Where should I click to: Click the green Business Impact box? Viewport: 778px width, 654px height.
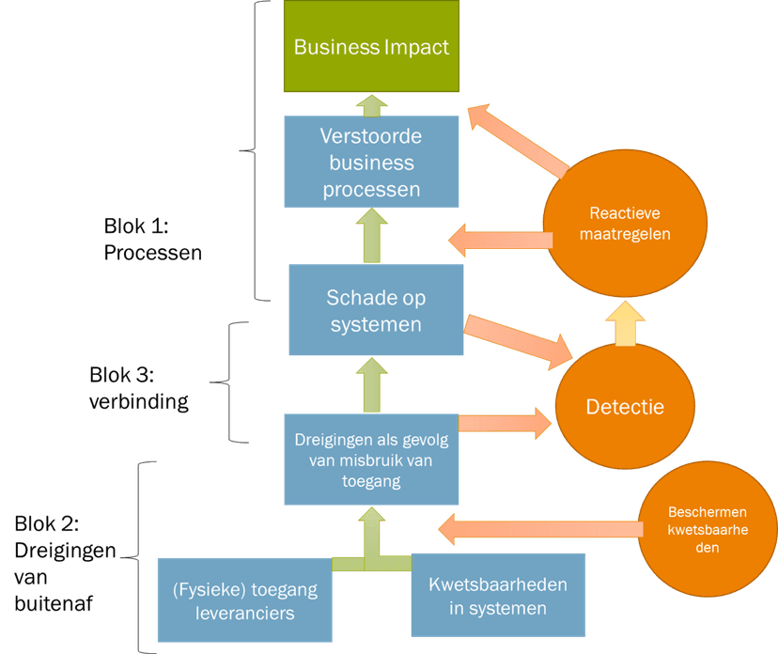[x=371, y=46]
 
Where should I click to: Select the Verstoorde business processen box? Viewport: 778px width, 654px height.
[x=371, y=162]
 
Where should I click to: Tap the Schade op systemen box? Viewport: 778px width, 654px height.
[x=376, y=311]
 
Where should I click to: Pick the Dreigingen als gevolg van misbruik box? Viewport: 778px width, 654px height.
[x=372, y=460]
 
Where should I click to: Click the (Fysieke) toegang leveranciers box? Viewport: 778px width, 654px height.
[x=245, y=600]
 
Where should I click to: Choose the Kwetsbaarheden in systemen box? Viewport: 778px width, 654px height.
[x=497, y=596]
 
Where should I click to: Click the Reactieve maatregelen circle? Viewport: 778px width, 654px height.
[x=623, y=223]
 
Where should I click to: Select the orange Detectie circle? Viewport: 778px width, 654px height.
[x=625, y=407]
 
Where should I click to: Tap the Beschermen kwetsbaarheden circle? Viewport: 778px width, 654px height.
[x=707, y=529]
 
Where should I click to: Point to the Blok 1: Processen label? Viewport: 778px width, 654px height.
[x=152, y=240]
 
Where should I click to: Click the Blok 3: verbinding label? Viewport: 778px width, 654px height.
[x=139, y=388]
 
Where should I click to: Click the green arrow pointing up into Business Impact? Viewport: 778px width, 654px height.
[x=372, y=103]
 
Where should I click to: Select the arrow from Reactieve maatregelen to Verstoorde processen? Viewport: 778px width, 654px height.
[x=497, y=240]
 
